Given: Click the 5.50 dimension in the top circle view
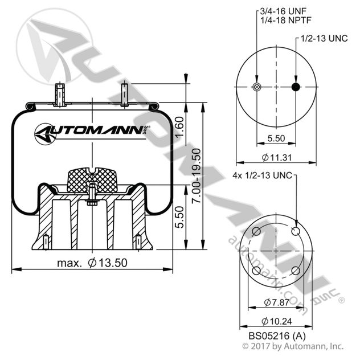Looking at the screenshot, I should tap(276, 138).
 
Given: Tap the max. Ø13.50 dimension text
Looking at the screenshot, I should tap(91, 263).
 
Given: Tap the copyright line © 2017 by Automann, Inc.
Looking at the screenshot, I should tap(293, 346).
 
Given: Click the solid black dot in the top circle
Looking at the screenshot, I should tap(296, 87).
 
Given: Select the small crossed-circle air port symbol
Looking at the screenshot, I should tap(256, 87).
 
